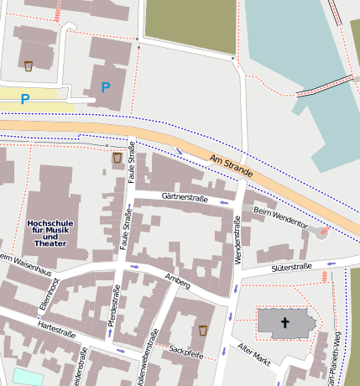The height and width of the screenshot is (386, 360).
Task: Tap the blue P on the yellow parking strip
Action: coord(25,99)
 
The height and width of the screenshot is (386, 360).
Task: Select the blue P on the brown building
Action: coord(106,87)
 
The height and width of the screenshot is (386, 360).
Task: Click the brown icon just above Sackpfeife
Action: coord(203,331)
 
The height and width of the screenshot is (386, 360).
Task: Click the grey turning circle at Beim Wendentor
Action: coord(321,231)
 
